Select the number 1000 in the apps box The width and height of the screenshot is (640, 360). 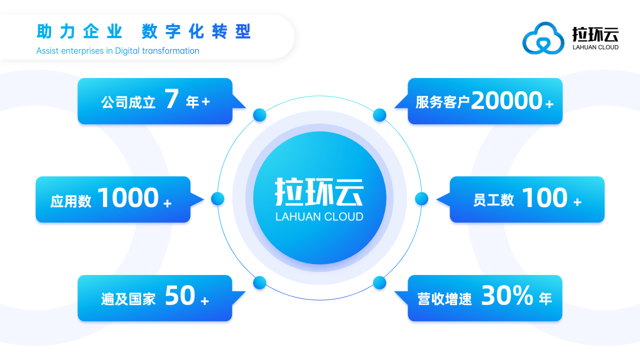129,198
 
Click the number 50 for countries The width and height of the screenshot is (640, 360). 179,296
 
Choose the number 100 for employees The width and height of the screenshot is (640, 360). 545,198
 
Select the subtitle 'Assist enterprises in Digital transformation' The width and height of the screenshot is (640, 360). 117,50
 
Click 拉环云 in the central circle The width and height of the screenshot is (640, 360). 319,188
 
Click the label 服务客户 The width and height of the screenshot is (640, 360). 442,102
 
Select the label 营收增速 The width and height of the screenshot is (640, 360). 446,298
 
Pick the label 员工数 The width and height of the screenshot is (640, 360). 493,200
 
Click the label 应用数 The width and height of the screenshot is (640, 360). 71,200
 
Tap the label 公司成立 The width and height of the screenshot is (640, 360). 128,102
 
